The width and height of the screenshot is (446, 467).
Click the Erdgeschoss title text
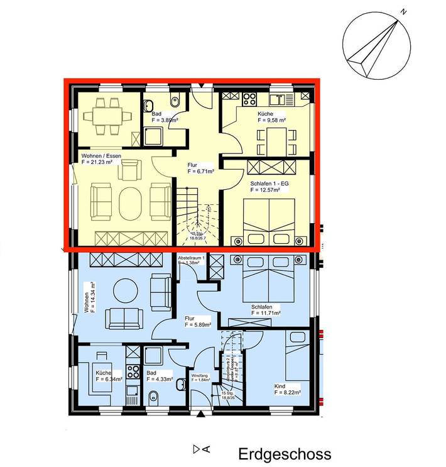284,454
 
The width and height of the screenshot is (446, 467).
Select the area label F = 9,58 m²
271,119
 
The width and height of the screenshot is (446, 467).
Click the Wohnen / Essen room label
101,155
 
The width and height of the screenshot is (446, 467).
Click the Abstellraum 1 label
191,259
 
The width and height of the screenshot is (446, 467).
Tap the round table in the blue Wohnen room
125,290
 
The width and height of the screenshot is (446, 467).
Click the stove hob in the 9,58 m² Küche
247,98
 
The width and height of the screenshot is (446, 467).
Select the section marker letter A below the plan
206,449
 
